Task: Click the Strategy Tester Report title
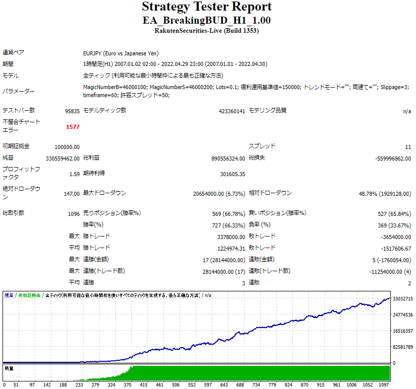(x=207, y=7)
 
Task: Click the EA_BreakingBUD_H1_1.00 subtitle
(x=207, y=20)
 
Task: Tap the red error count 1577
(x=73, y=127)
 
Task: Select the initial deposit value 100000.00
(x=67, y=147)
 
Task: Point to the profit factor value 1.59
(x=74, y=174)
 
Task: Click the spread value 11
(x=408, y=147)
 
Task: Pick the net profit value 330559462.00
(x=63, y=159)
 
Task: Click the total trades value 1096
(x=74, y=213)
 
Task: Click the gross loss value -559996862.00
(x=393, y=159)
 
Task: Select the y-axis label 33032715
(x=403, y=299)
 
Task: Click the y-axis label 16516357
(x=403, y=331)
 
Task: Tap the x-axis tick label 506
(x=255, y=384)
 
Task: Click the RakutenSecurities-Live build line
(x=207, y=31)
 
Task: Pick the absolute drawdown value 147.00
(x=72, y=194)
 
